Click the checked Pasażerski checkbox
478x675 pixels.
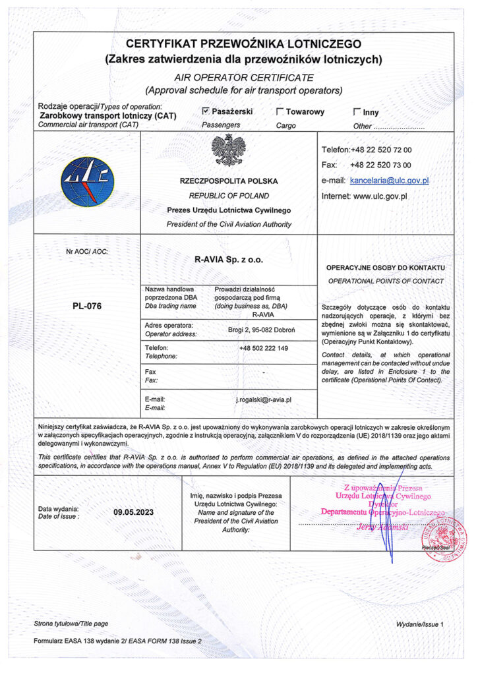coord(206,111)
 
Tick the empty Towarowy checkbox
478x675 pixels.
coord(280,112)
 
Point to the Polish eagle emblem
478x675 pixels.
coord(229,151)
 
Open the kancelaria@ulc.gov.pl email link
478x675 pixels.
coord(390,180)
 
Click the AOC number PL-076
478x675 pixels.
coord(86,307)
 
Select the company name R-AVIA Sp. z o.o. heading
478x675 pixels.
coord(229,260)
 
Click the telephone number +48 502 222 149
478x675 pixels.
coord(264,348)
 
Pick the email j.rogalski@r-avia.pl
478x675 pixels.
coord(264,399)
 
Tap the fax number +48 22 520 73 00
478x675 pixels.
coord(381,165)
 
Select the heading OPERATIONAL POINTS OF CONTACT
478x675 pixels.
coord(386,281)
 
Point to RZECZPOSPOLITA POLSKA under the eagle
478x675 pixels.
coord(229,181)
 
